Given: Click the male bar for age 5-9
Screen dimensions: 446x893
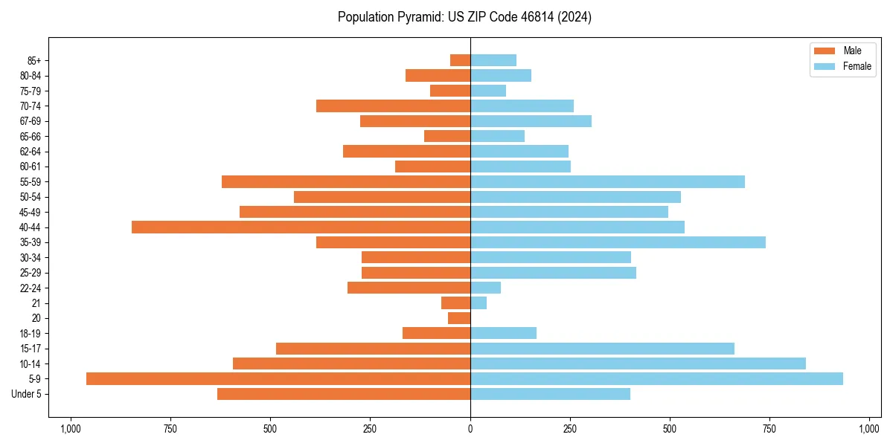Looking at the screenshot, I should pos(278,379).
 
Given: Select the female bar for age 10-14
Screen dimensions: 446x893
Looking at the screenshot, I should pos(638,363).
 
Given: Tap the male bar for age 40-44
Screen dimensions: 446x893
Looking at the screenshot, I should pos(301,227).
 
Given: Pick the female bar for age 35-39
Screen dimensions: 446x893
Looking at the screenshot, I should pos(618,242).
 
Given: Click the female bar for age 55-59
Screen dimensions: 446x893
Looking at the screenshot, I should pos(607,182).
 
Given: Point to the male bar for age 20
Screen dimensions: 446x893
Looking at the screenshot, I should pos(459,318).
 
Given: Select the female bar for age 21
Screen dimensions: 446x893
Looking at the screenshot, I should pos(478,303).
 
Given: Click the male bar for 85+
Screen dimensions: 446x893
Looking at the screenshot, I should pos(460,60).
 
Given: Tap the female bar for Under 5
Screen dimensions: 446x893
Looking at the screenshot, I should pos(550,394).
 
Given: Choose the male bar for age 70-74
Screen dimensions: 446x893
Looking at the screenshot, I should pos(393,106).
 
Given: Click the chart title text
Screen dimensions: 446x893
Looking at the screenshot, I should pos(464,17).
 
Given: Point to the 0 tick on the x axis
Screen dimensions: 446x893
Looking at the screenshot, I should pos(470,429).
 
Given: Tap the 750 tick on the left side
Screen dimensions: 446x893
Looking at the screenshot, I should pos(170,429).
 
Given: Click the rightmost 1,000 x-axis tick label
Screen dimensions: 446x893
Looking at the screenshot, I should pos(869,429).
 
